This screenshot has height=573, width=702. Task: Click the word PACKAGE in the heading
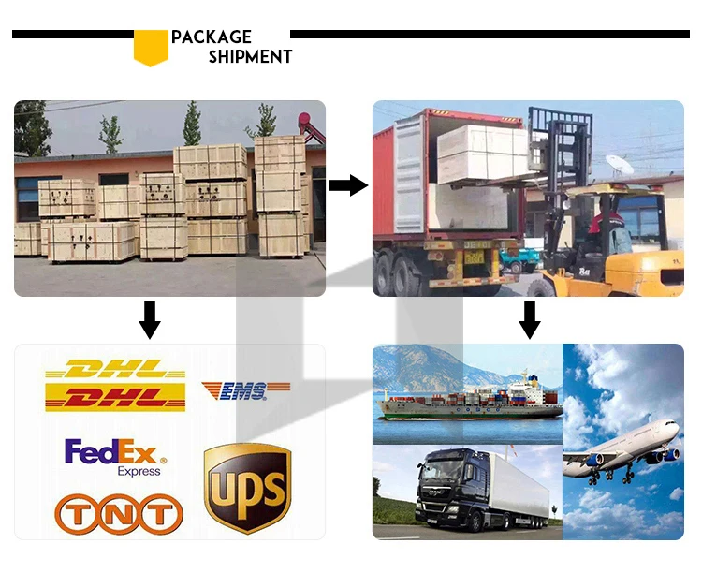pyautogui.click(x=212, y=37)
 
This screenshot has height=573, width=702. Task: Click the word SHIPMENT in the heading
pyautogui.click(x=250, y=57)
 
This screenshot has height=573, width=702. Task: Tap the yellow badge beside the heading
pyautogui.click(x=151, y=48)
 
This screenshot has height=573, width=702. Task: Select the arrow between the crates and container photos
pyautogui.click(x=348, y=185)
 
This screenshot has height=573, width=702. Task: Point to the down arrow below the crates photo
pyautogui.click(x=150, y=320)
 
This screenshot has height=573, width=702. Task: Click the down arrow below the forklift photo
pyautogui.click(x=530, y=320)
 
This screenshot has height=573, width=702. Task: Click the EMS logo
pyautogui.click(x=245, y=389)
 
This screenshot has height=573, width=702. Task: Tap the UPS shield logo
pyautogui.click(x=248, y=487)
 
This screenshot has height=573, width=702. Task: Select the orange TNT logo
pyautogui.click(x=118, y=513)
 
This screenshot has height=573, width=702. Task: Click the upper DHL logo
pyautogui.click(x=115, y=371)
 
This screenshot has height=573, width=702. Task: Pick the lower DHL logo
pyautogui.click(x=115, y=398)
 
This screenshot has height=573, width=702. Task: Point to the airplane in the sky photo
pyautogui.click(x=622, y=445)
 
